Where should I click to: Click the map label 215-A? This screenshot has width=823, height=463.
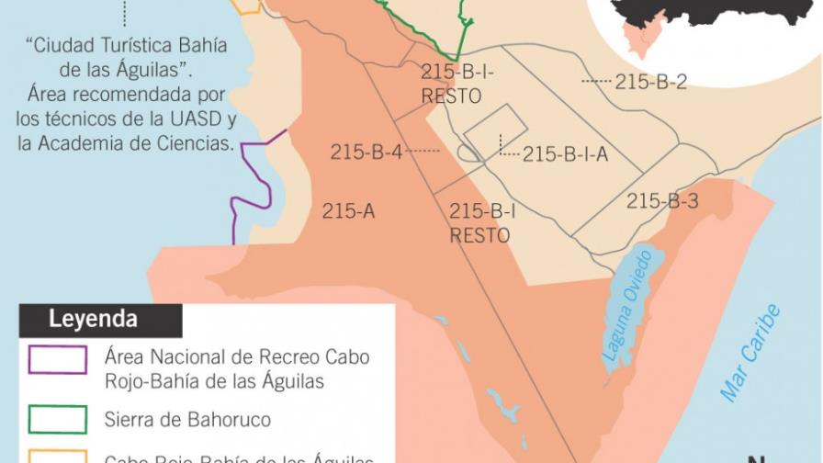(x=348, y=211)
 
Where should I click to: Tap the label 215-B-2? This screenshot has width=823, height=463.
(x=650, y=82)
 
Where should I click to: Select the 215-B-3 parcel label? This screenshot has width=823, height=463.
(x=662, y=200)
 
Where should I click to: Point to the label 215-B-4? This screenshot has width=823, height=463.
(x=366, y=153)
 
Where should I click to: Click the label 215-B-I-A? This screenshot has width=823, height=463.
(x=565, y=154)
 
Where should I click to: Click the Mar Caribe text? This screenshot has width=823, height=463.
(x=750, y=352)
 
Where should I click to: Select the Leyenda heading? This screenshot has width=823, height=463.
(x=93, y=320)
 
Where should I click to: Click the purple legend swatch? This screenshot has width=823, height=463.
(x=58, y=360)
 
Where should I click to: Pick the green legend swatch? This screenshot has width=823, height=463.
(x=58, y=419)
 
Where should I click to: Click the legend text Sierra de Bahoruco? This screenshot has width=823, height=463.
(x=188, y=420)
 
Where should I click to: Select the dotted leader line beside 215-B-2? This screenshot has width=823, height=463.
(x=595, y=82)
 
